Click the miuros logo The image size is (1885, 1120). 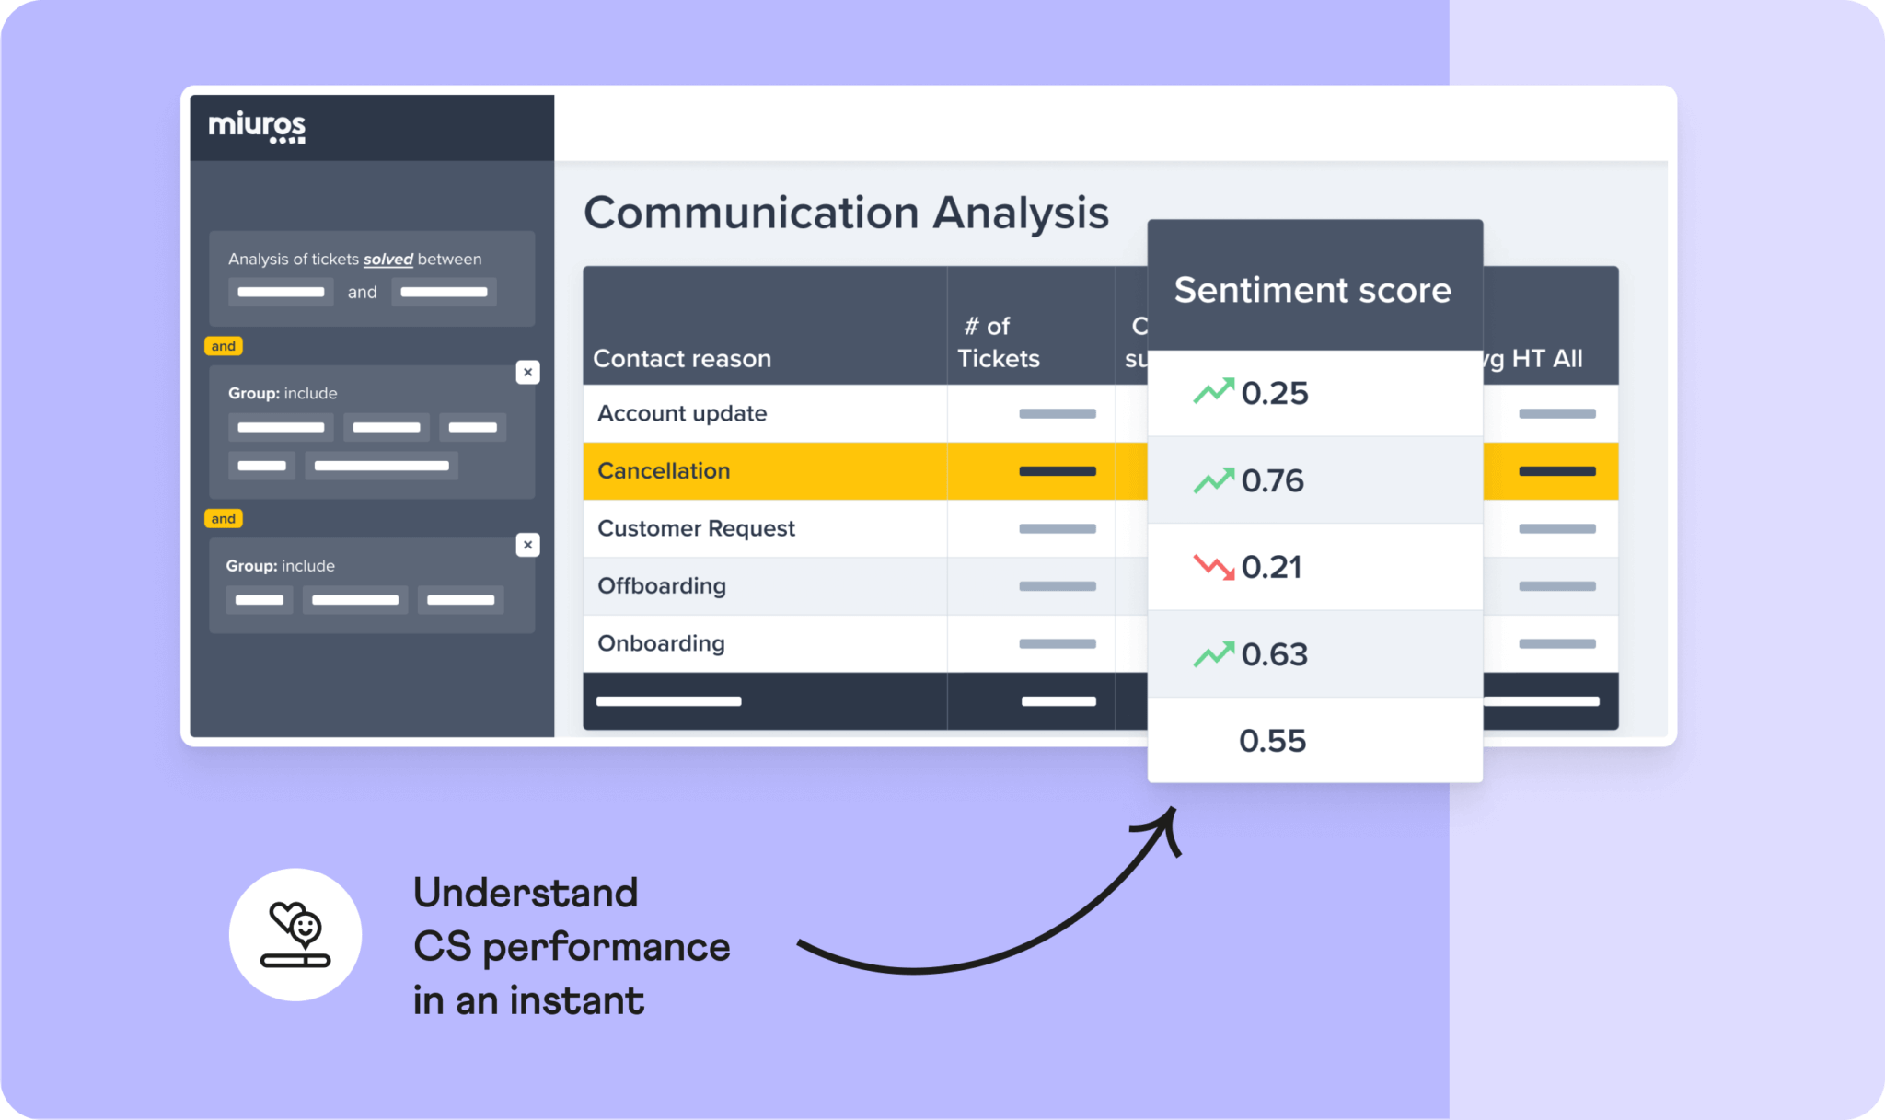coord(257,127)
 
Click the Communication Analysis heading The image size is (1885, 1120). coord(846,213)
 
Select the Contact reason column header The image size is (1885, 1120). coord(682,358)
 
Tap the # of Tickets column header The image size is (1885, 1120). coord(998,342)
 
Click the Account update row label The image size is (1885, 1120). coord(682,413)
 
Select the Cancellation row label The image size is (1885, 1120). coord(664,470)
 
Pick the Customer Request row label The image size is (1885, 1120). coord(696,528)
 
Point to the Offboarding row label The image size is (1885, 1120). coord(662,585)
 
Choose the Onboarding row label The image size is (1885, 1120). coord(661,643)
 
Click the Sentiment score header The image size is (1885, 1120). coord(1313,290)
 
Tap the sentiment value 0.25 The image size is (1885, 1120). coord(1275,393)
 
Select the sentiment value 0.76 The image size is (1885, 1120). coord(1273,480)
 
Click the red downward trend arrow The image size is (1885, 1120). coord(1214,566)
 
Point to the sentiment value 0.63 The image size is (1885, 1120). coord(1275,654)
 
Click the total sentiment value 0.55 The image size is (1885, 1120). coord(1273,741)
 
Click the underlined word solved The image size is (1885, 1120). coord(387,260)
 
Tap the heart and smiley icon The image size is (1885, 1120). coord(295,933)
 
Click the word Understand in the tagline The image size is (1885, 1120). coord(526,893)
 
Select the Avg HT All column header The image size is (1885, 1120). coord(1537,358)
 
